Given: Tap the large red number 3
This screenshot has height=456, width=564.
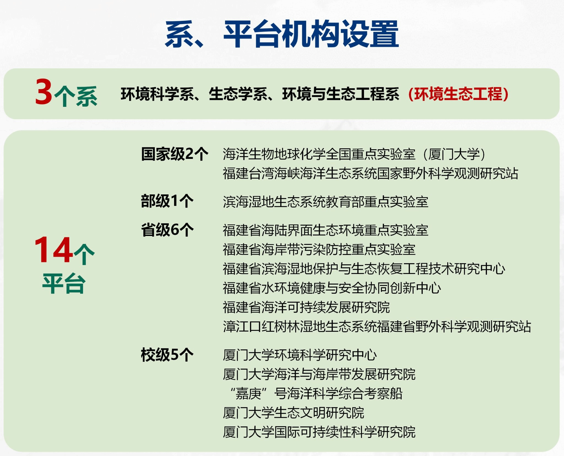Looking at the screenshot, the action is pos(44,92).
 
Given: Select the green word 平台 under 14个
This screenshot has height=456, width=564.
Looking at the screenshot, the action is pos(64,284).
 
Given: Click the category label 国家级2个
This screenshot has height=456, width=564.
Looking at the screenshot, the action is pos(175,154).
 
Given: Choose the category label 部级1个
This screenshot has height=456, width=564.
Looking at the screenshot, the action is pos(167,201).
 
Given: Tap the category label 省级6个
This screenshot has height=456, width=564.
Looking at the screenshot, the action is pos(167,230).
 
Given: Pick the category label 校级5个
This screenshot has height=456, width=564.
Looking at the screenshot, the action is pos(167,355).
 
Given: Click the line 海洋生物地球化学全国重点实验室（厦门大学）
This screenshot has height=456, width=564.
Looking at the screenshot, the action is pos(354,154).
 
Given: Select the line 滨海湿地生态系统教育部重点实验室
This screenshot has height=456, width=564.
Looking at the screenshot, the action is pos(326,202).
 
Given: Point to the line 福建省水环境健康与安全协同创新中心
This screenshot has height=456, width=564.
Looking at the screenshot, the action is pos(332,288).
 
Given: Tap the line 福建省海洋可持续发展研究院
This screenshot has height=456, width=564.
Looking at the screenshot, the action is pos(306,307).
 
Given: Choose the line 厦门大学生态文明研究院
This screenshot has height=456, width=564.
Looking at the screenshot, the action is pos(293,413).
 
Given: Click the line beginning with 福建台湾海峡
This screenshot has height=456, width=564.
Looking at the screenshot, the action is pos(370,173).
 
